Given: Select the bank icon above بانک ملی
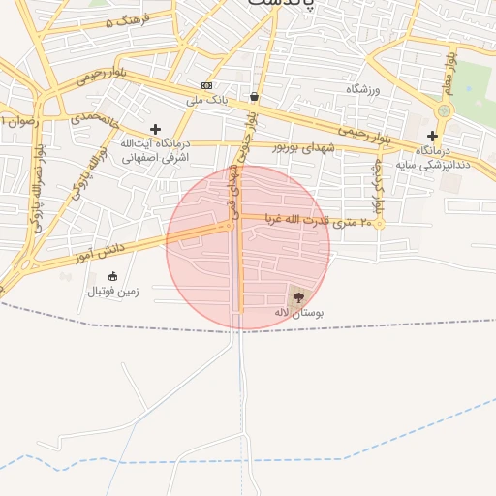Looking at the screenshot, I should click(x=205, y=85).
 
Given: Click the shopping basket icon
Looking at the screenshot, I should click(x=254, y=96).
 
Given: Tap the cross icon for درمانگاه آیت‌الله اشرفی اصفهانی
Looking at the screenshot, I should click(x=155, y=129).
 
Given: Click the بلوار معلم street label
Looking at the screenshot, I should click(x=449, y=73).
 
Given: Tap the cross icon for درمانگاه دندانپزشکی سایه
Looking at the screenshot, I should click(x=432, y=136).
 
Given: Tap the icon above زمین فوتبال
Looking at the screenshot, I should click(x=112, y=276).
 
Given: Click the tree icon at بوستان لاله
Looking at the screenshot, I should click(x=297, y=297).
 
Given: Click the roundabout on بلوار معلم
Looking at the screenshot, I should click(x=444, y=111).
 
